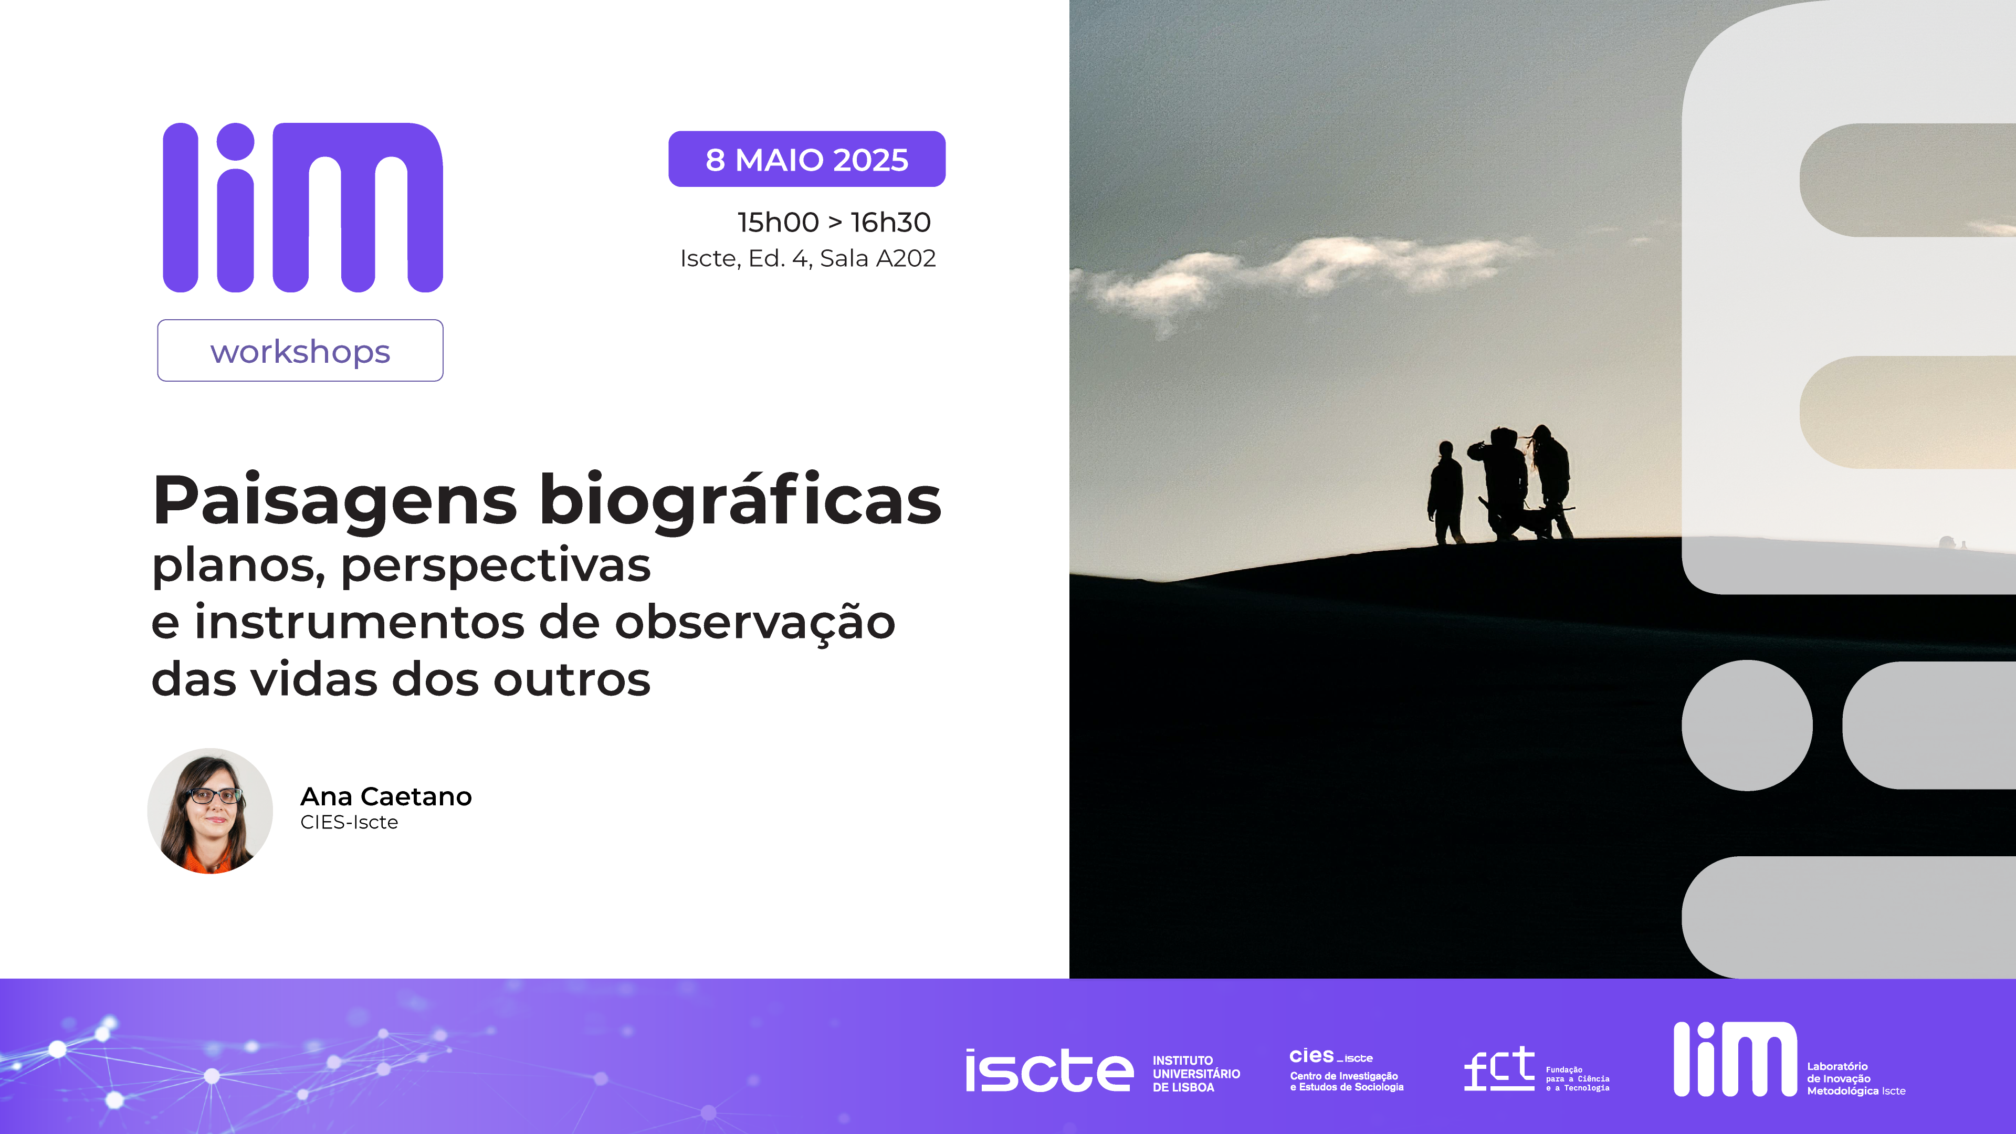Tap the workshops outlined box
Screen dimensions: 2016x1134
click(x=300, y=351)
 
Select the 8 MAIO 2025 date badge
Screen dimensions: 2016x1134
click(x=807, y=159)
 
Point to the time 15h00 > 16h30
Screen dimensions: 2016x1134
click(x=834, y=222)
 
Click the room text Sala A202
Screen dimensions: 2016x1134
click(x=878, y=258)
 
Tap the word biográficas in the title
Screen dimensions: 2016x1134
click(x=740, y=501)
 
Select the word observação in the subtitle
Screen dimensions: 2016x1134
click(x=755, y=624)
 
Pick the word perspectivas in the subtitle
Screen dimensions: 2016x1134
click(x=496, y=566)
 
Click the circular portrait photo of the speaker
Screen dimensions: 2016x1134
click(x=210, y=811)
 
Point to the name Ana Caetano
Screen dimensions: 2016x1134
click(x=386, y=796)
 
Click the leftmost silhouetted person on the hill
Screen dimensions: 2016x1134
click(x=1445, y=493)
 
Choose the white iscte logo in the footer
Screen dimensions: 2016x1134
click(x=1049, y=1070)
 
